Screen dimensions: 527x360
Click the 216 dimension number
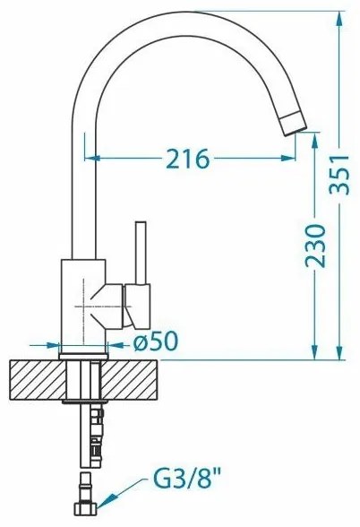(188, 159)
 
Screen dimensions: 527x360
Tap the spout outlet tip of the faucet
(296, 125)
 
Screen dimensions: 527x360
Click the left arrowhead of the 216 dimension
(90, 159)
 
